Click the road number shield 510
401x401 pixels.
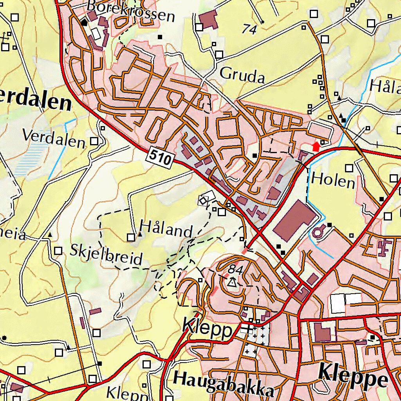point(161,158)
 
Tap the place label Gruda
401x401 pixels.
point(242,75)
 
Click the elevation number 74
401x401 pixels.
point(250,29)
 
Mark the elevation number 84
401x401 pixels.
point(235,269)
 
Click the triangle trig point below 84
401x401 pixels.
point(233,282)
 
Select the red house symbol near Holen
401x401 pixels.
point(316,146)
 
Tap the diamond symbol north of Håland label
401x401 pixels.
point(203,201)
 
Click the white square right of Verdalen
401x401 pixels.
point(94,141)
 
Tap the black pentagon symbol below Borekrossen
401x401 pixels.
point(84,22)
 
